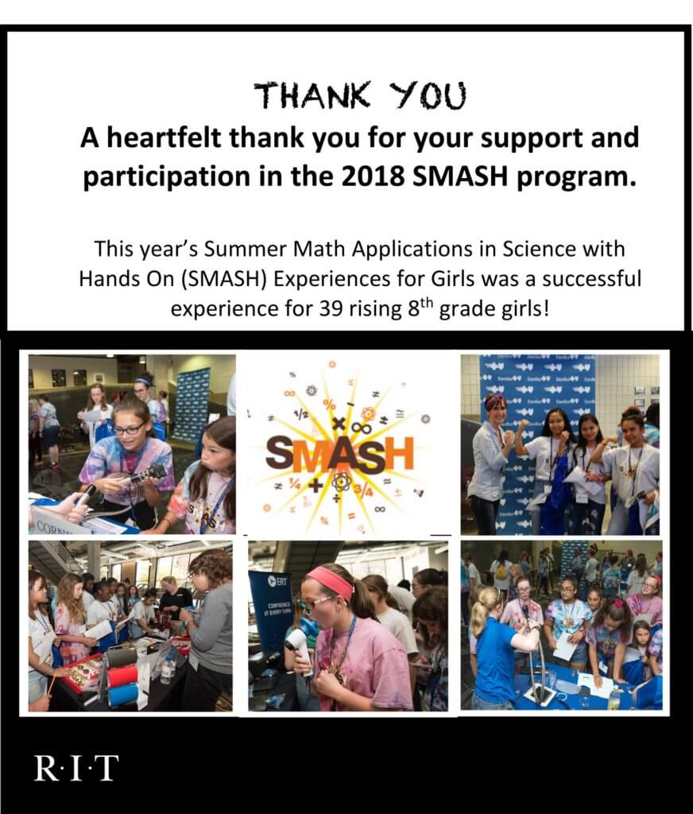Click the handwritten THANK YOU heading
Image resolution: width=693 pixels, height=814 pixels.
[360, 95]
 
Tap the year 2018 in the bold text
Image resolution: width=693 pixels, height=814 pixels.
[374, 177]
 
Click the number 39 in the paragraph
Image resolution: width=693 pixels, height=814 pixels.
[331, 309]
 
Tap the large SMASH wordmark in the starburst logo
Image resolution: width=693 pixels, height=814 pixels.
[339, 454]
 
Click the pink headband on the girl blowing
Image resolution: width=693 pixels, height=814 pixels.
[330, 582]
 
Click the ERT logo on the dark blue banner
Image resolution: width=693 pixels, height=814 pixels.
[277, 581]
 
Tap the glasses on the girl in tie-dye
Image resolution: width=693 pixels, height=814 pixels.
[128, 428]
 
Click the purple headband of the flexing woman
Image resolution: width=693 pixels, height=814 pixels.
[494, 401]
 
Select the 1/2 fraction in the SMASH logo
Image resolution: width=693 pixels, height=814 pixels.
[301, 413]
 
